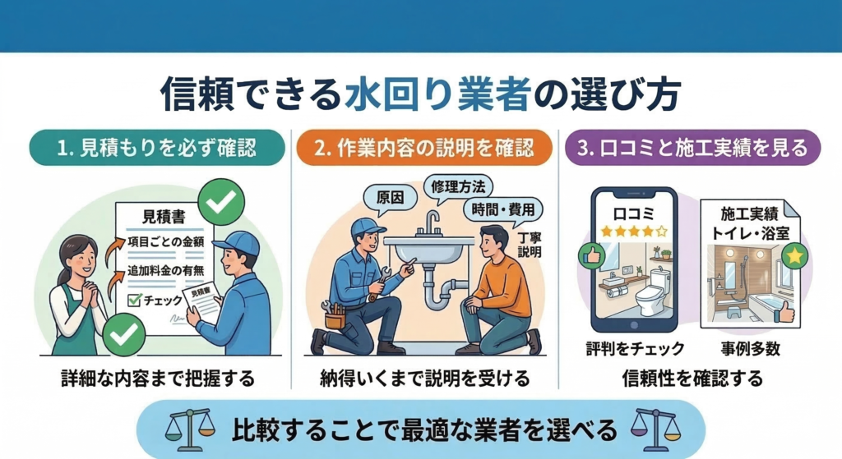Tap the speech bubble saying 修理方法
click(457, 187)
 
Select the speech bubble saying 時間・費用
click(503, 209)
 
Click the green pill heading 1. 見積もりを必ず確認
click(157, 148)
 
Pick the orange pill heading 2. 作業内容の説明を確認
click(424, 148)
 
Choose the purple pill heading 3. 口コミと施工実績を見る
click(692, 148)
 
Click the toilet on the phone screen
click(651, 289)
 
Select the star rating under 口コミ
click(634, 231)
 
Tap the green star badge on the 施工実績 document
click(795, 255)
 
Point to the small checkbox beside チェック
click(134, 300)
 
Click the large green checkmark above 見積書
click(221, 202)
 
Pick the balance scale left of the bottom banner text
click(190, 430)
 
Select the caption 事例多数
click(750, 349)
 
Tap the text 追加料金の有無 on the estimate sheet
click(166, 271)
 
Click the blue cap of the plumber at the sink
click(368, 227)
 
